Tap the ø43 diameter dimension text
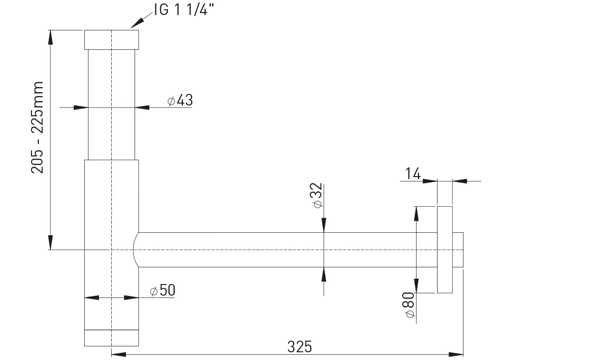180,100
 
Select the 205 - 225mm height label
37,127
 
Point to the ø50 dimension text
163,290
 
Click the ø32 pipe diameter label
317,195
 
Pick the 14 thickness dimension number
413,173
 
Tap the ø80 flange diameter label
408,305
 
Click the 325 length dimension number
300,347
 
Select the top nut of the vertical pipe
111,40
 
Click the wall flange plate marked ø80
445,250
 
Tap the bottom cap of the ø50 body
111,338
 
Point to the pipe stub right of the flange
458,250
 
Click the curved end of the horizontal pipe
134,250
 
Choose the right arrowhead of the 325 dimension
456,354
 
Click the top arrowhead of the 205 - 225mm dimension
50,37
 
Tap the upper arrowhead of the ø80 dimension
416,214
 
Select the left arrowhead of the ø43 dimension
81,107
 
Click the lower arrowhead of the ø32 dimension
324,274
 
